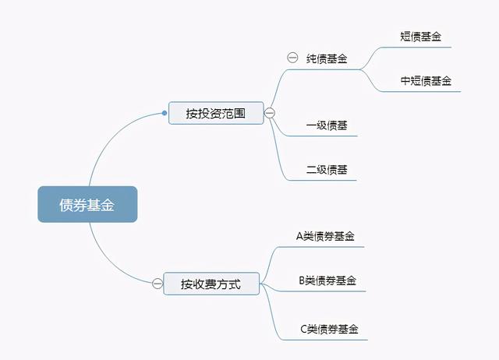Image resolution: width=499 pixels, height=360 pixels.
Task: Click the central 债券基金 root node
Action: point(87,204)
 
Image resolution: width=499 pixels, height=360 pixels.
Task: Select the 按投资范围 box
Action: point(216,113)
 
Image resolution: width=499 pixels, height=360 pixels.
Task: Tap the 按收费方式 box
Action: point(211,284)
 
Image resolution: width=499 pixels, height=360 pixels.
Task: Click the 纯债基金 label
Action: point(327,58)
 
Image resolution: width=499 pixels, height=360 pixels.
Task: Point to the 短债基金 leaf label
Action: point(420,37)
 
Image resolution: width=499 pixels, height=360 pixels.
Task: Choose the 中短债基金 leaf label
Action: point(426,81)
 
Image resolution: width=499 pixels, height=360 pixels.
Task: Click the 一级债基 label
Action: point(327,125)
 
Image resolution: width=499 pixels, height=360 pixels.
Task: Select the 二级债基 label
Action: point(327,170)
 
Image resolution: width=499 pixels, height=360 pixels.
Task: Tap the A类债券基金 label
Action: point(325,236)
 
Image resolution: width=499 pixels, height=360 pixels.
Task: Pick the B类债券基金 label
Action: point(327,281)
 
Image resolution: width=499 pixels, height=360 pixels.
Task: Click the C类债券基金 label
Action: point(329,329)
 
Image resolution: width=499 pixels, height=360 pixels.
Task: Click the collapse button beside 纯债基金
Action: point(292,58)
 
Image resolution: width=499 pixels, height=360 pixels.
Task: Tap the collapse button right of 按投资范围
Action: point(270,113)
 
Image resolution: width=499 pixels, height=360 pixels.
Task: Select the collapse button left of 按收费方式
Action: point(157,284)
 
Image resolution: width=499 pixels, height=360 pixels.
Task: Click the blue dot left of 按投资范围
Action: point(165,113)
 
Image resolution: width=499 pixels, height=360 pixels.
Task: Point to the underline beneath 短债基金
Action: point(416,48)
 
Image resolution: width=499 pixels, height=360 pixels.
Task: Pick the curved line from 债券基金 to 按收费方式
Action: point(111,262)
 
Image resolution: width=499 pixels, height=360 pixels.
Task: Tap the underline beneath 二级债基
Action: point(321,180)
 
